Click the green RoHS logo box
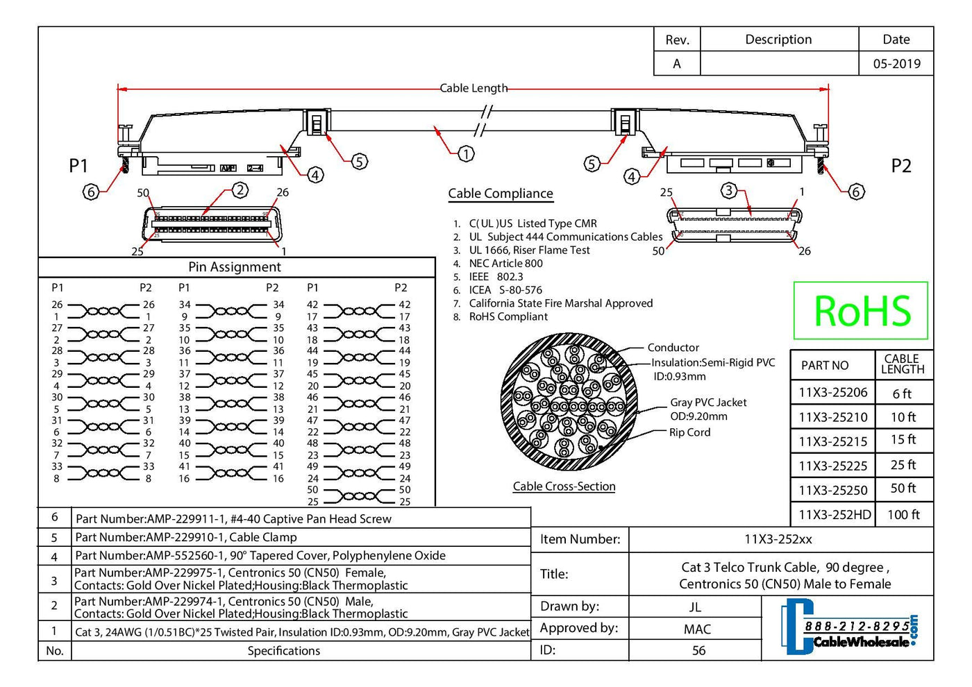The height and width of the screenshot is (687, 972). [x=860, y=310]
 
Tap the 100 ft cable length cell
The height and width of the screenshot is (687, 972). [x=903, y=515]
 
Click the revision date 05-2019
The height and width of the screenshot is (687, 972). [x=896, y=64]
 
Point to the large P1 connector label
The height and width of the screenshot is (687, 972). [x=78, y=166]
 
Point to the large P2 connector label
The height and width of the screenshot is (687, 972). [x=900, y=166]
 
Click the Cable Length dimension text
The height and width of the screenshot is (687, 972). [x=474, y=88]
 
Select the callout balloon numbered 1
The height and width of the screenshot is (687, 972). [x=466, y=153]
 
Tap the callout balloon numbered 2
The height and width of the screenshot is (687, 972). [x=240, y=190]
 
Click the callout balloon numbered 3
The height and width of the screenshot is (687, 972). [x=728, y=190]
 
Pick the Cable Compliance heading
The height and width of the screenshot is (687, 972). [x=501, y=194]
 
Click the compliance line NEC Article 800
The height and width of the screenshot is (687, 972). [x=505, y=264]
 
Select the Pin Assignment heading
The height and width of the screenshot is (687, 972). [x=235, y=267]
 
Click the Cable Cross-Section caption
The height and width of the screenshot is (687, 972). [x=564, y=486]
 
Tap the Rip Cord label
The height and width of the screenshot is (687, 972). [x=689, y=432]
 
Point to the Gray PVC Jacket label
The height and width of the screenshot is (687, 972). [x=708, y=402]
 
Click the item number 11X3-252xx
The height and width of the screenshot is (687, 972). [x=778, y=539]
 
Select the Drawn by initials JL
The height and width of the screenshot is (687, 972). [x=695, y=607]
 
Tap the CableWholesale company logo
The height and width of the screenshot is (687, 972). [x=849, y=629]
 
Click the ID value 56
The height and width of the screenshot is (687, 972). [x=698, y=651]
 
